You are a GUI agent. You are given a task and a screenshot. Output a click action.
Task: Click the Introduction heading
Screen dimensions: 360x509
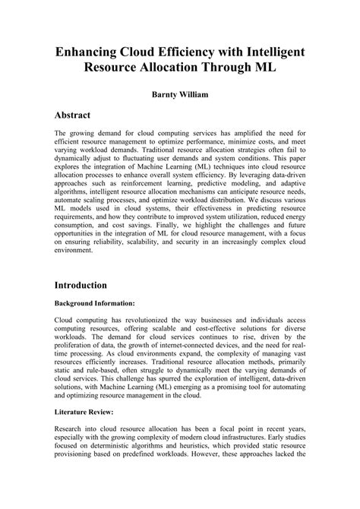click(86, 286)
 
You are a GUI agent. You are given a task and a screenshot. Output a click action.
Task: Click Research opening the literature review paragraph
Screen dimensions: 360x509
click(71, 429)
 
